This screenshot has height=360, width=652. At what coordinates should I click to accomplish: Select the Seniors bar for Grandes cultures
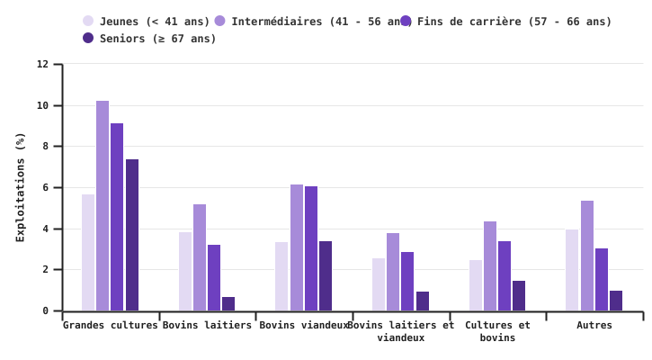pyautogui.click(x=132, y=235)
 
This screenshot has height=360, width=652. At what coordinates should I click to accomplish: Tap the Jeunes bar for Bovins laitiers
pyautogui.click(x=185, y=271)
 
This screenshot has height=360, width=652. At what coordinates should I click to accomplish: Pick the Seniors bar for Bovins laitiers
pyautogui.click(x=228, y=304)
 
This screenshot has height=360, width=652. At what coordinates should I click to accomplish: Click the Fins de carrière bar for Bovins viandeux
pyautogui.click(x=311, y=248)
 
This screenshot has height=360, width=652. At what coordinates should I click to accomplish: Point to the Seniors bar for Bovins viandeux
pyautogui.click(x=326, y=275)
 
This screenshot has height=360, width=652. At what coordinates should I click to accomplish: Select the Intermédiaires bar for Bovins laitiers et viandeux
pyautogui.click(x=393, y=272)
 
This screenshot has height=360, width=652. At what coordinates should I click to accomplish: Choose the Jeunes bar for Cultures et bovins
pyautogui.click(x=476, y=285)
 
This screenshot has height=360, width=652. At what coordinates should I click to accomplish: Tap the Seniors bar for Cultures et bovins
pyautogui.click(x=519, y=296)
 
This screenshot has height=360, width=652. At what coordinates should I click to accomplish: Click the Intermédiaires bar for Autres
pyautogui.click(x=587, y=256)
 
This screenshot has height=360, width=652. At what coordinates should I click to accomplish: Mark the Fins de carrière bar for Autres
pyautogui.click(x=602, y=279)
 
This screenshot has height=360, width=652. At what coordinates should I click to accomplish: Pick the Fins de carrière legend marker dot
pyautogui.click(x=406, y=22)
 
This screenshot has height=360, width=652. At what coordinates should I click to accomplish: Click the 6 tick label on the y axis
pyautogui.click(x=45, y=188)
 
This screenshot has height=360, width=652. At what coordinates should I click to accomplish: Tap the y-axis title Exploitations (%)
pyautogui.click(x=21, y=186)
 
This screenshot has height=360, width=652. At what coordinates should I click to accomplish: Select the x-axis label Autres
pyautogui.click(x=594, y=326)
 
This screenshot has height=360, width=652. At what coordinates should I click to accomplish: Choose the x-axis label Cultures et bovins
pyautogui.click(x=497, y=331)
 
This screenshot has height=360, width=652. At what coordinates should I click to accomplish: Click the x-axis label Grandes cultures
pyautogui.click(x=110, y=326)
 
